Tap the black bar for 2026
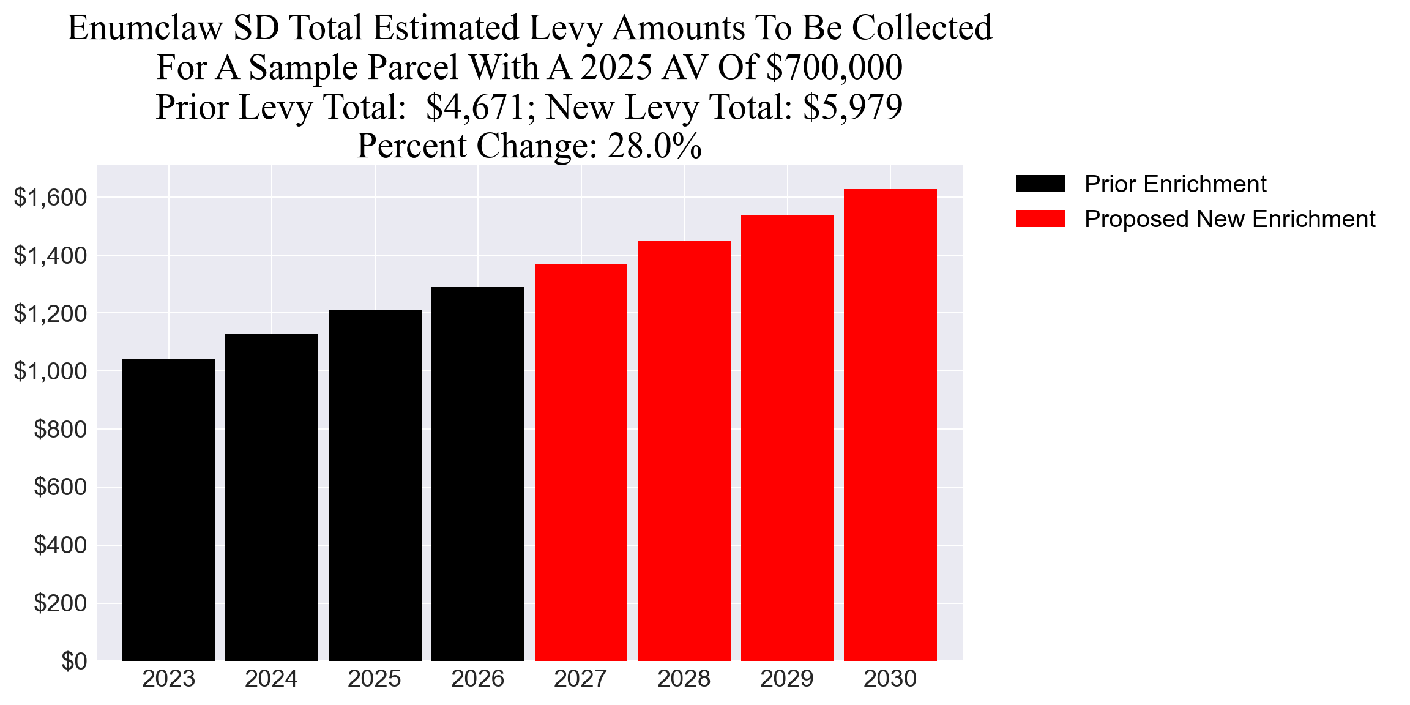point(477,474)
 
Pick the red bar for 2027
point(581,462)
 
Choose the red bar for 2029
point(787,438)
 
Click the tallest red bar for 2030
point(890,425)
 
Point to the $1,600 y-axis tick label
point(50,198)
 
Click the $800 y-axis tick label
point(60,430)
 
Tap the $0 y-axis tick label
point(74,662)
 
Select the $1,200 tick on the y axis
point(50,314)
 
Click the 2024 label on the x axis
point(271,679)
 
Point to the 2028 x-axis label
point(684,679)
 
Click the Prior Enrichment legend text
point(1175,184)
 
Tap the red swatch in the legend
point(1040,219)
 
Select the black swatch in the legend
point(1040,184)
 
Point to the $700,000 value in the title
point(834,67)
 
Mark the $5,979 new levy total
point(852,107)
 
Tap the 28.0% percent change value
point(654,146)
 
